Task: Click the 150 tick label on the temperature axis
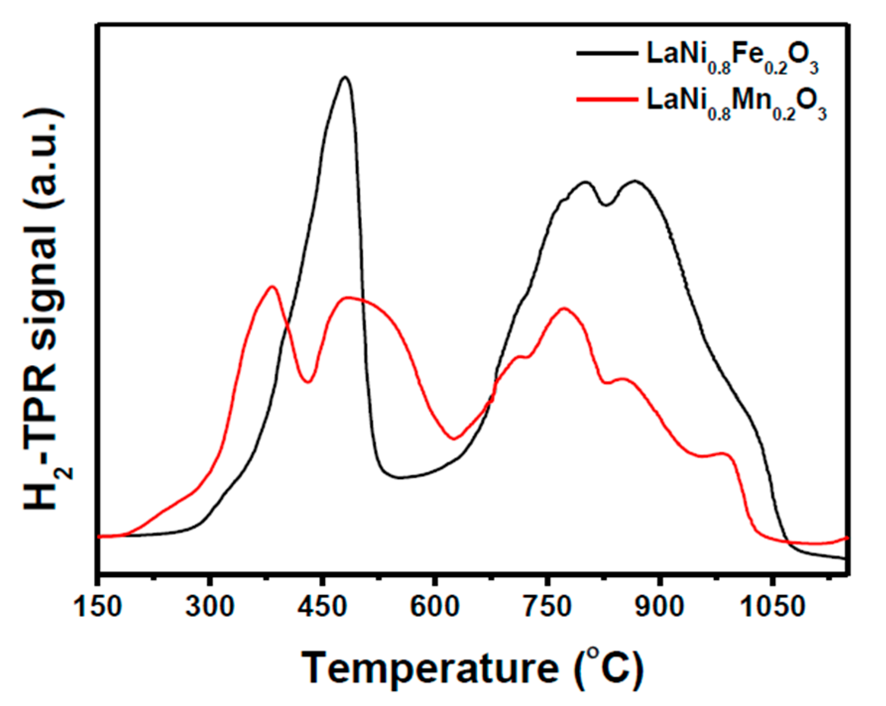click(x=98, y=606)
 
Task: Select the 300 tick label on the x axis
click(x=210, y=606)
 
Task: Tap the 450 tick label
click(x=322, y=606)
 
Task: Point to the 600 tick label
click(x=435, y=606)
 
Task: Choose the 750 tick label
click(x=547, y=606)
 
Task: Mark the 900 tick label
click(x=659, y=606)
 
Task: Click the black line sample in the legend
click(x=607, y=53)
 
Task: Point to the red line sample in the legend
click(x=607, y=99)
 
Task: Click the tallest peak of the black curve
click(x=345, y=77)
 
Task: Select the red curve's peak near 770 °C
click(x=564, y=309)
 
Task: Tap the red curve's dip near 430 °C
click(x=308, y=382)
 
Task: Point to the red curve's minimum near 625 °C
click(x=454, y=438)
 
